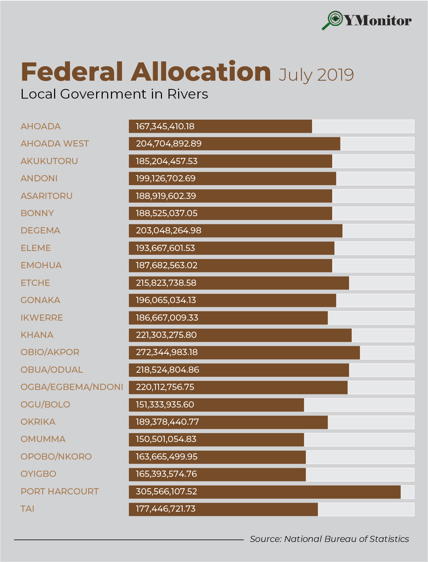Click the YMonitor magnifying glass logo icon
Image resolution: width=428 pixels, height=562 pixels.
(333, 20)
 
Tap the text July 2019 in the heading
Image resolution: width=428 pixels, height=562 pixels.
(316, 75)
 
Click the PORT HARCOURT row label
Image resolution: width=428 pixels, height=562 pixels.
(60, 491)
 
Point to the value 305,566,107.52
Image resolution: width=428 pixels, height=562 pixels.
(166, 491)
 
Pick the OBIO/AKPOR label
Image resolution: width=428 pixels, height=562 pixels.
(50, 352)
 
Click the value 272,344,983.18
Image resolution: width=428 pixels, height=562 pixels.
(167, 352)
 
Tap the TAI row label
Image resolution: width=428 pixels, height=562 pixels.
(28, 509)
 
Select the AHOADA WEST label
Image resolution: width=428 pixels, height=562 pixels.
(55, 143)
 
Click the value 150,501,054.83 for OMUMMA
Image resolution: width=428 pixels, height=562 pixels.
(166, 439)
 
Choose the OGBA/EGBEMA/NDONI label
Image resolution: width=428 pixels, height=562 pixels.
(72, 387)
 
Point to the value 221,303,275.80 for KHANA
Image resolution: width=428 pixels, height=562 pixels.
(166, 335)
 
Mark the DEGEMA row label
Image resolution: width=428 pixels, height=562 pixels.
(40, 230)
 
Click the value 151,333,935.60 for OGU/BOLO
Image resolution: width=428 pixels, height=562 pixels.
(165, 404)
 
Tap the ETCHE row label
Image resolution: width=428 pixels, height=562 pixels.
(35, 283)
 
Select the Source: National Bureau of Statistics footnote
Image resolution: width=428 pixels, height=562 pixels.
(329, 539)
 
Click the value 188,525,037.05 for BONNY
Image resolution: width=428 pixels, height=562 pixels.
(167, 213)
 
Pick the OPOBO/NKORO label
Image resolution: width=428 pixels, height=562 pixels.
(56, 456)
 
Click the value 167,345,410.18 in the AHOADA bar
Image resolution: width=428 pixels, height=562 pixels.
(165, 126)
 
